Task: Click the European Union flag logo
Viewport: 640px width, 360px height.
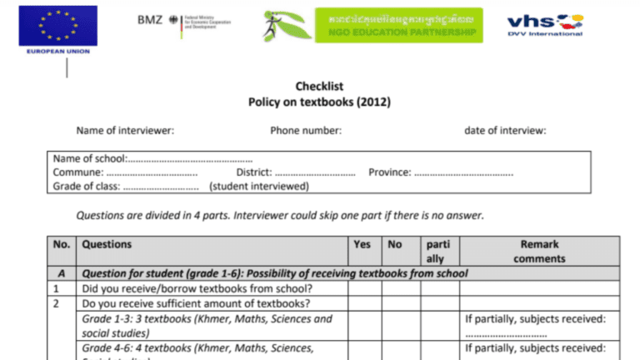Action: (57, 26)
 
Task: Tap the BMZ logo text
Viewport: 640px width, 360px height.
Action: (150, 20)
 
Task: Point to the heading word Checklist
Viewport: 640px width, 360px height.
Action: (319, 86)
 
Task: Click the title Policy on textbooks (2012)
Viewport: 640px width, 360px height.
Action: (319, 102)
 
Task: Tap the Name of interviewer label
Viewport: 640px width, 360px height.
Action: (125, 131)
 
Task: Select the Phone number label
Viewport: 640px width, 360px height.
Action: (306, 131)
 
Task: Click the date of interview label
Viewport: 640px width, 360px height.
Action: (505, 131)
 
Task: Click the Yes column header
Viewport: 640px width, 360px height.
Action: (362, 245)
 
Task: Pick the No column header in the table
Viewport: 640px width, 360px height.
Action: (395, 245)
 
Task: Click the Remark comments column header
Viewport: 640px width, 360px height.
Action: (539, 252)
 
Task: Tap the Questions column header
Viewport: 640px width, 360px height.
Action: (107, 245)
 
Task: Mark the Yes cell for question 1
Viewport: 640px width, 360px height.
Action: (364, 289)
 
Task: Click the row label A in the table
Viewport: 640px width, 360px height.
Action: (61, 273)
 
